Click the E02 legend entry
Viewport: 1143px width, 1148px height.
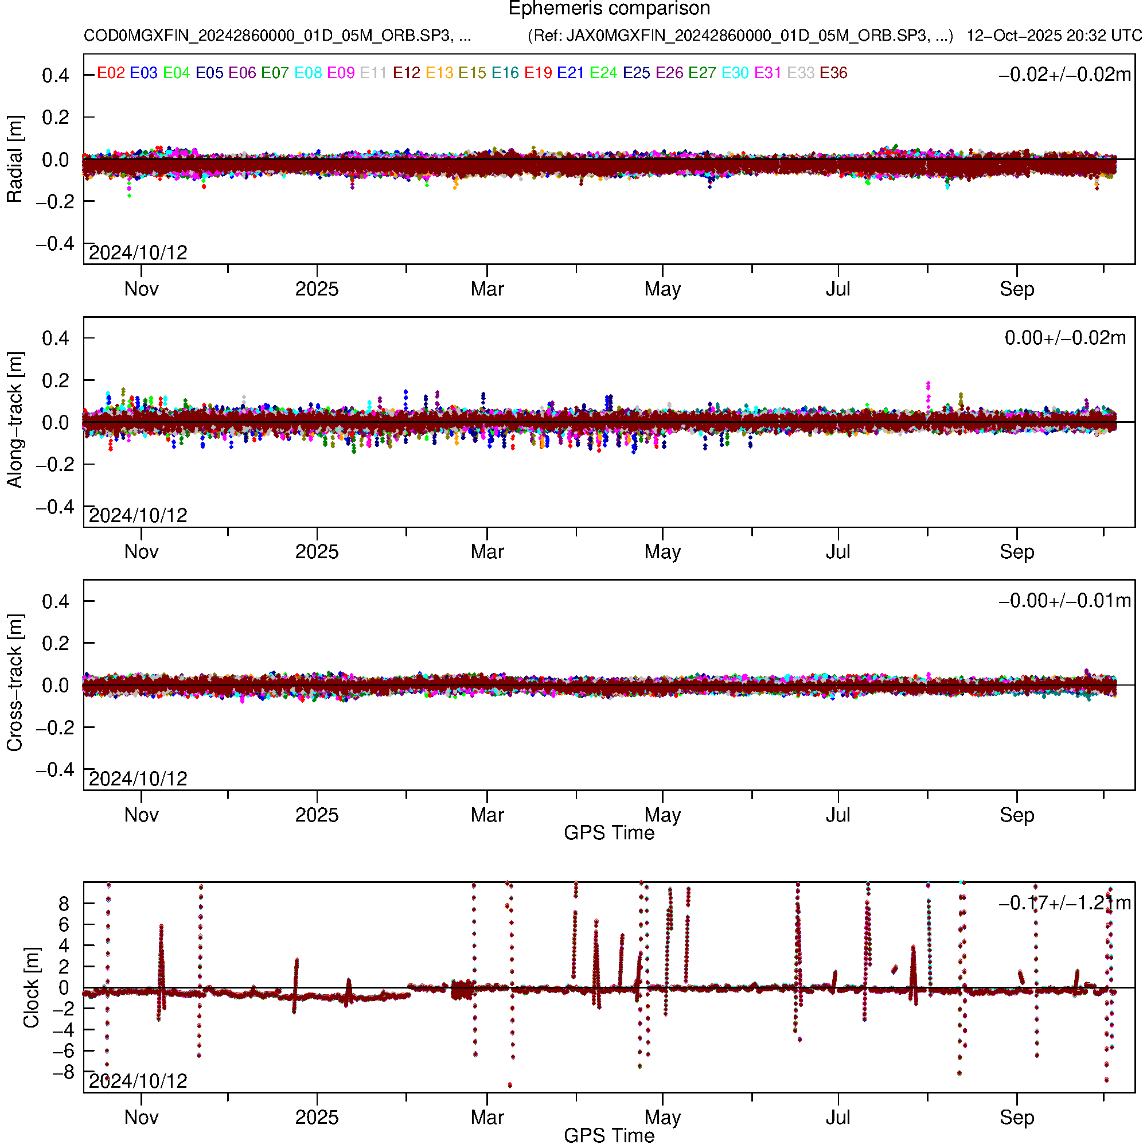pyautogui.click(x=111, y=73)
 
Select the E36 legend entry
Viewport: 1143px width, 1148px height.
pyautogui.click(x=833, y=73)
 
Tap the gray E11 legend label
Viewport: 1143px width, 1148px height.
pyautogui.click(x=373, y=73)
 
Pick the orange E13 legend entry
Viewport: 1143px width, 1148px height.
pyautogui.click(x=439, y=73)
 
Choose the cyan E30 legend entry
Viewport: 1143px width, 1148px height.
pyautogui.click(x=734, y=73)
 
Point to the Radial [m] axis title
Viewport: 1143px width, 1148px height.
pyautogui.click(x=14, y=159)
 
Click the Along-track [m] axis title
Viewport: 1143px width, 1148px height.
pyautogui.click(x=14, y=421)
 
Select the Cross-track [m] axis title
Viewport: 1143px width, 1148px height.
pyautogui.click(x=14, y=683)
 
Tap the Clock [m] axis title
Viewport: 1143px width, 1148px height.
pyautogui.click(x=31, y=987)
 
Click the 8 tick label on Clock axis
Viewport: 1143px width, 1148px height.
pyautogui.click(x=63, y=904)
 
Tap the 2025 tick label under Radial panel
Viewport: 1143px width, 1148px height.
pyautogui.click(x=317, y=289)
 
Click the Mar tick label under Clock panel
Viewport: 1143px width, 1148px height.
pyautogui.click(x=486, y=1118)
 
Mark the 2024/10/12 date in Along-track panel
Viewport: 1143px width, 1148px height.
pyautogui.click(x=138, y=515)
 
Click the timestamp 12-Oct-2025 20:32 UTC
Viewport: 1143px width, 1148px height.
pyautogui.click(x=1054, y=36)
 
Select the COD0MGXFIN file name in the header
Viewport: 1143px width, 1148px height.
pyautogui.click(x=277, y=36)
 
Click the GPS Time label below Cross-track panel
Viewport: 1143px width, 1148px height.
pyautogui.click(x=609, y=833)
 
